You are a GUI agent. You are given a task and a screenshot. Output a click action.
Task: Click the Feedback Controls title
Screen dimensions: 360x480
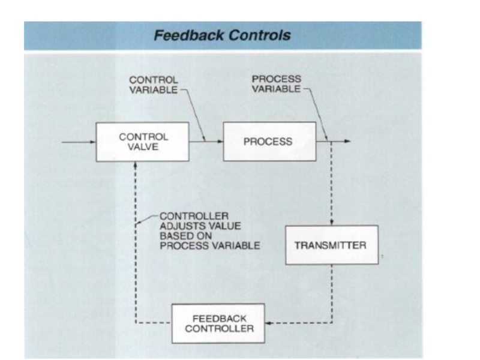(222, 35)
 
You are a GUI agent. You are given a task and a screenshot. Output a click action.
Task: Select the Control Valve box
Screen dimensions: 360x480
(142, 142)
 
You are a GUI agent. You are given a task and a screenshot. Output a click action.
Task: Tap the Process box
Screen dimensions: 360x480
(268, 142)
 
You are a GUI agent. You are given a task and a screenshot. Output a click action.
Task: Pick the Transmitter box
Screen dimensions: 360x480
(331, 245)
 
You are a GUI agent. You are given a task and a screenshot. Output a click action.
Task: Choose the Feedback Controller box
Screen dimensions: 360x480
(218, 323)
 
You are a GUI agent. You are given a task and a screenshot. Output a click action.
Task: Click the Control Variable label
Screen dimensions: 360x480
(154, 85)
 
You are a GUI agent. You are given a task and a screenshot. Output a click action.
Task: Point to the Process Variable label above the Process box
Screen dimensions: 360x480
(276, 84)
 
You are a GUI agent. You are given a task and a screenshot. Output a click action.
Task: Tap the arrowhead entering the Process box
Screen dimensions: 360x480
(220, 142)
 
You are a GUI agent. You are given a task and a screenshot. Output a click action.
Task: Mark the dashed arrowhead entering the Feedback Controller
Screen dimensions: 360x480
(268, 323)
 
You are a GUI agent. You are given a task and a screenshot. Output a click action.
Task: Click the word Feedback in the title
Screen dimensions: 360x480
(184, 35)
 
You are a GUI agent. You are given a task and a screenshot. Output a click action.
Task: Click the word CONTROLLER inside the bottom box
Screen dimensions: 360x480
(219, 328)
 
